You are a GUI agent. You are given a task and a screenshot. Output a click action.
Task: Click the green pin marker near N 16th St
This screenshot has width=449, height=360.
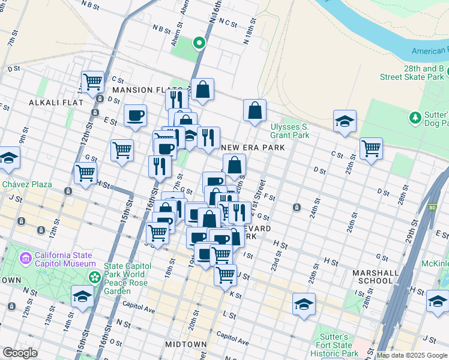tap(199, 43)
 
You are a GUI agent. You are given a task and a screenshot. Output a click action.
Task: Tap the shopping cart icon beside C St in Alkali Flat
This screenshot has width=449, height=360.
tap(93, 81)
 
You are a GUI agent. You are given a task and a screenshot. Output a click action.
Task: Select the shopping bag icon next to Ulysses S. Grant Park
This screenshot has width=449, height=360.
tap(255, 110)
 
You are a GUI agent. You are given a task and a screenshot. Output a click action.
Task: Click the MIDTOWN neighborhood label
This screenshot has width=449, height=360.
tap(186, 344)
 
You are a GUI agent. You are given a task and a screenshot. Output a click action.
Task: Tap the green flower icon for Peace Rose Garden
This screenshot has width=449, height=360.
tap(94, 277)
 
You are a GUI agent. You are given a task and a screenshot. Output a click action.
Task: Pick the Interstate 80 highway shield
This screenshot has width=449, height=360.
tap(433, 208)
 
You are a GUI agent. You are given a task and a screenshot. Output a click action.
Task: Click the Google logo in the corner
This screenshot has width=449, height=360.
tap(20, 353)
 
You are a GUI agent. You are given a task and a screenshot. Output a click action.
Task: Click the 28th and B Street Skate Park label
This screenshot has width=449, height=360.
tap(412, 73)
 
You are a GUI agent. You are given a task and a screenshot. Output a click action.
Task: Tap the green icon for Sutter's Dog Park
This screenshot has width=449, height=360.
tap(414, 116)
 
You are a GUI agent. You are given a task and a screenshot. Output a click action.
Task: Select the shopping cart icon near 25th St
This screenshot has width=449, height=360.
tap(371, 148)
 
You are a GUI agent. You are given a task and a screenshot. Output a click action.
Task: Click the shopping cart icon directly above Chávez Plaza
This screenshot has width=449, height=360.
tap(86, 173)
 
